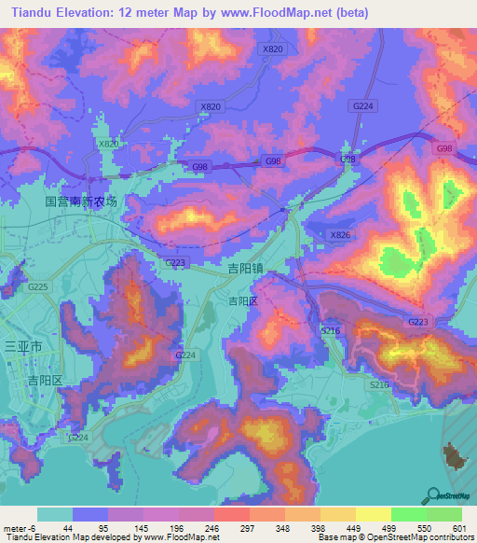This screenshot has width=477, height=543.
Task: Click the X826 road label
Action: [x=341, y=235]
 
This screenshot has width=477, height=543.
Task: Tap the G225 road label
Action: [x=38, y=287]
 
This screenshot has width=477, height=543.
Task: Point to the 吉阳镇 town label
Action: [x=247, y=268]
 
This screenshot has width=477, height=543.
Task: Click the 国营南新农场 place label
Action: [x=82, y=202]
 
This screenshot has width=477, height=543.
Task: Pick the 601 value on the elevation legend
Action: [x=457, y=527]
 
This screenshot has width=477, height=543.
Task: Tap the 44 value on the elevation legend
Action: [x=68, y=527]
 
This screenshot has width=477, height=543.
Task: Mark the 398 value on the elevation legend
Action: [x=319, y=527]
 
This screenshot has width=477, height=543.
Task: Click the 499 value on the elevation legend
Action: [x=388, y=527]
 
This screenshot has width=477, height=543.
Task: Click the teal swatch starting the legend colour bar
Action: [x=54, y=514]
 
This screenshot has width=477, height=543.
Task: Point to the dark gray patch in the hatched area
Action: [x=455, y=456]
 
